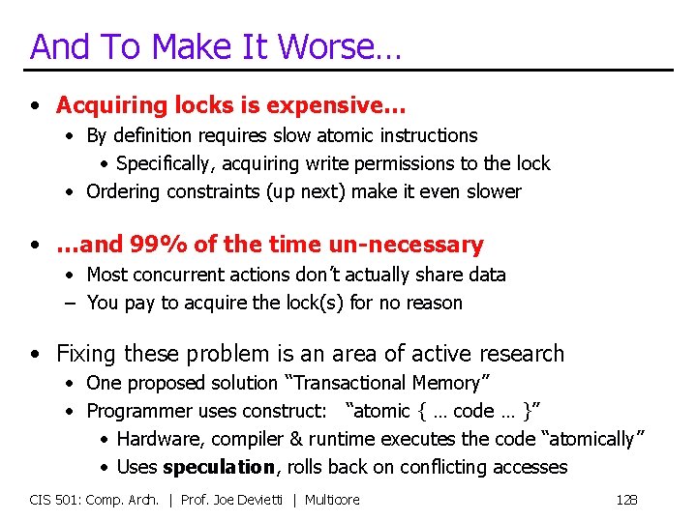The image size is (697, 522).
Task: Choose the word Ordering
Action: click(x=123, y=192)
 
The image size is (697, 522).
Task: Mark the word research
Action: click(x=515, y=354)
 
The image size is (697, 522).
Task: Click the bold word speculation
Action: click(x=219, y=468)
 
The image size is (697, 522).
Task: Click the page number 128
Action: click(x=626, y=500)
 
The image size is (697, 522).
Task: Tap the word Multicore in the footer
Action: click(x=332, y=500)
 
